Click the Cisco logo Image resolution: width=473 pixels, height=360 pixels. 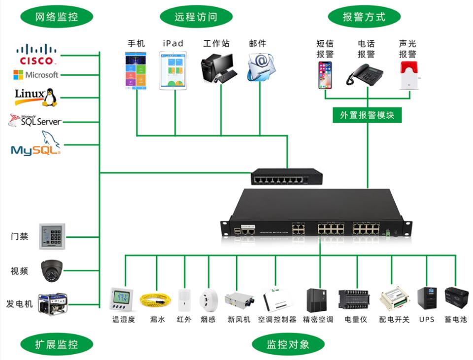pos(36,54)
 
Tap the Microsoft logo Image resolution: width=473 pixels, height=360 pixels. pos(35,75)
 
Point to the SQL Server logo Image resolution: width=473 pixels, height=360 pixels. pos(34,120)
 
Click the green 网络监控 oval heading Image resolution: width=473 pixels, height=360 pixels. pos(56,17)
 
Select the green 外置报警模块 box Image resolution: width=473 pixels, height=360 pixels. pos(367,115)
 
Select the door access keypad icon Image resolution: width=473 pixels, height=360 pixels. pos(52,236)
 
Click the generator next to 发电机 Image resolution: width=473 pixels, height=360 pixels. pos(53,303)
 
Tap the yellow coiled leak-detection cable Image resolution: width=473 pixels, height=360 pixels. pos(157,299)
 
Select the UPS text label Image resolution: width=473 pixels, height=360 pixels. pos(427,320)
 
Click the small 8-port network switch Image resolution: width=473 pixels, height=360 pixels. pos(286,176)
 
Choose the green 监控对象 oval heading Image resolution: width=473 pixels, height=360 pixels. pos(288,344)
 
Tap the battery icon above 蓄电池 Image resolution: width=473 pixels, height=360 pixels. pos(456,298)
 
